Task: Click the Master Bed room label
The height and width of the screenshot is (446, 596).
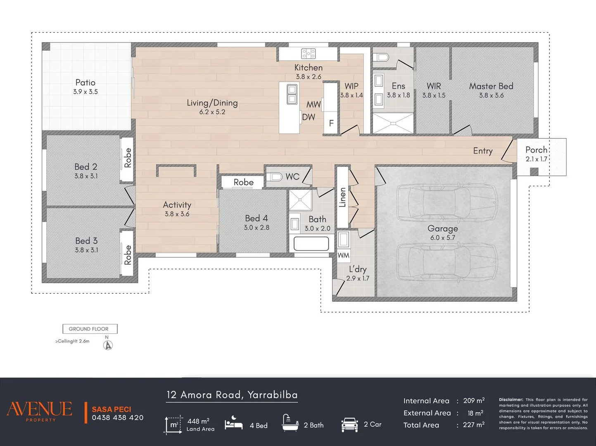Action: tap(491, 86)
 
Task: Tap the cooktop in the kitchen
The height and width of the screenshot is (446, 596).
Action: tap(309, 54)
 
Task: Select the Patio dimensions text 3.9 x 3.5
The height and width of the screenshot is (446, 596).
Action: tap(85, 92)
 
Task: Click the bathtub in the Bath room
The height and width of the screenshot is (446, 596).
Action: tap(311, 244)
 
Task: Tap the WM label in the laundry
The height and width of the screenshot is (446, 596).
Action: tap(344, 256)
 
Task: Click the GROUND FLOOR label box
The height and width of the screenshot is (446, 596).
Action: tap(90, 329)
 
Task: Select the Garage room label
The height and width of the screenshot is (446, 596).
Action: tap(443, 228)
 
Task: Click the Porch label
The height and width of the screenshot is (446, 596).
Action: tap(536, 150)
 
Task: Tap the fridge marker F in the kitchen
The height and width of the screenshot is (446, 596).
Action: tap(331, 123)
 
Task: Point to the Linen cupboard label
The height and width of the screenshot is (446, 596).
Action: tap(343, 197)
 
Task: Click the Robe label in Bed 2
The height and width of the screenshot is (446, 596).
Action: tap(128, 158)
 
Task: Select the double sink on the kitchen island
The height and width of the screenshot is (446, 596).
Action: tap(292, 94)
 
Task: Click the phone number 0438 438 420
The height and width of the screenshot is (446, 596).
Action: tap(118, 418)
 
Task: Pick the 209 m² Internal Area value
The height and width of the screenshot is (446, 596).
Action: tap(474, 401)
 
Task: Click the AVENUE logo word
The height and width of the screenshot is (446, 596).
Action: tap(39, 409)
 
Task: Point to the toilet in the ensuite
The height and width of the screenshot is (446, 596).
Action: tap(381, 57)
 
